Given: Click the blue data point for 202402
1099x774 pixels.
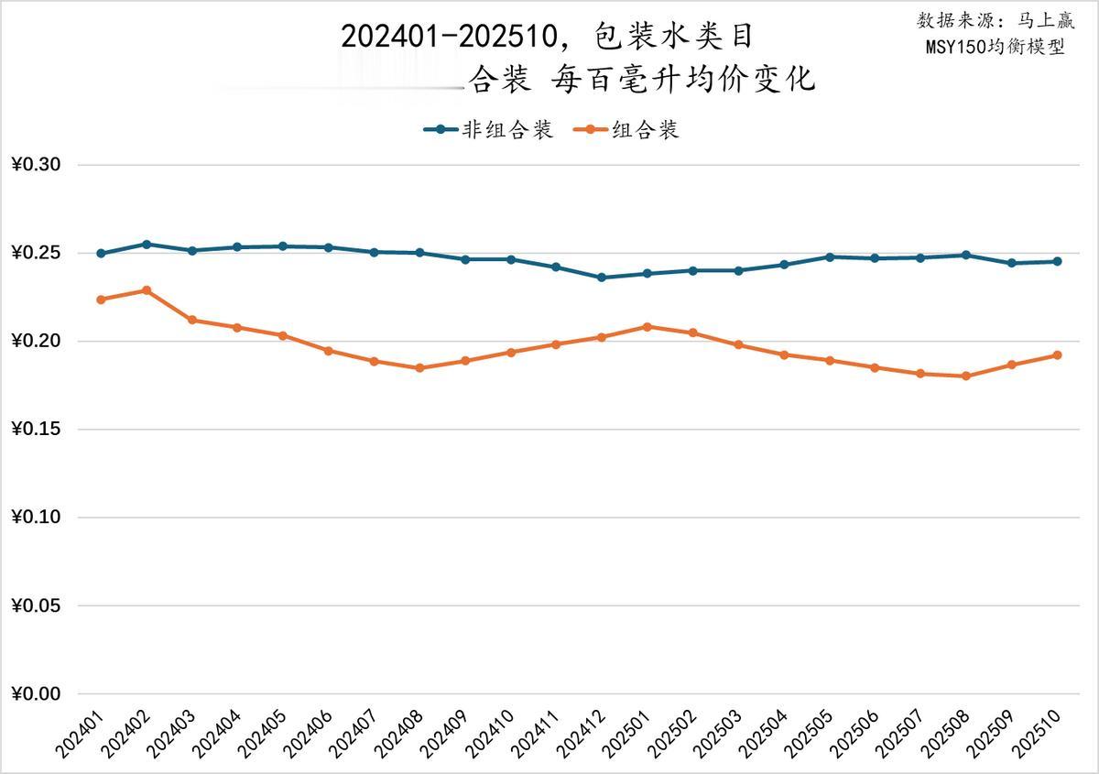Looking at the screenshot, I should (x=147, y=245).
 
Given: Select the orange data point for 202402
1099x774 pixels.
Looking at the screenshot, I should (x=147, y=290).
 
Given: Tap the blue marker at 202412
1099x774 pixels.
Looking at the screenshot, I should (x=602, y=278).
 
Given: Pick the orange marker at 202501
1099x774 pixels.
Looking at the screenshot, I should (x=647, y=327).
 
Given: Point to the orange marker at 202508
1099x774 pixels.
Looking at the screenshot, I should (x=966, y=376).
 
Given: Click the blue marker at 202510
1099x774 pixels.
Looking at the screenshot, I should (x=1057, y=261).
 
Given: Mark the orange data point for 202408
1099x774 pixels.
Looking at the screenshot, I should (x=419, y=368).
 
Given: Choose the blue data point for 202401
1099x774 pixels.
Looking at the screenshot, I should (x=101, y=254).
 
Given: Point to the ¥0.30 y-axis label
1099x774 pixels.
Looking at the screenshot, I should (x=36, y=165).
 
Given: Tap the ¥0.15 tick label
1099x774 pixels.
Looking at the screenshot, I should (x=36, y=430).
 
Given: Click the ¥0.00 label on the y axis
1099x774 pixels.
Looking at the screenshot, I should (x=36, y=694).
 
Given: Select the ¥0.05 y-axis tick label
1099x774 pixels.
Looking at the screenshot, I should (x=36, y=606).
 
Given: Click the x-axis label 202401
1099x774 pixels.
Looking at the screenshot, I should (x=81, y=737).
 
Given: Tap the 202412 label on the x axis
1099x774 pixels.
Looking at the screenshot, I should (x=582, y=737).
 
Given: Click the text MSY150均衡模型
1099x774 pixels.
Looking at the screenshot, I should (x=995, y=47).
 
